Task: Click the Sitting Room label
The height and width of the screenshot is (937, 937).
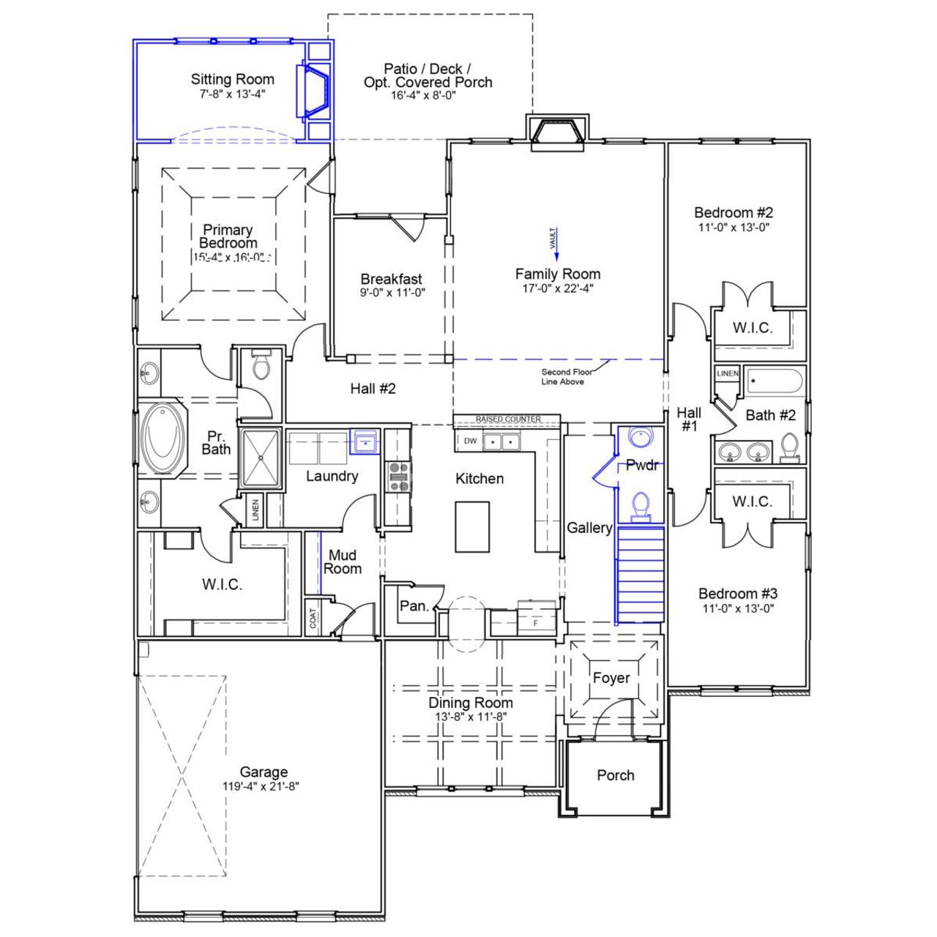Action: click(232, 79)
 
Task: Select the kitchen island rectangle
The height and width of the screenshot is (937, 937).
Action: click(472, 526)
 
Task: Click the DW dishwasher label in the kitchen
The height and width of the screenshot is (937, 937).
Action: click(470, 441)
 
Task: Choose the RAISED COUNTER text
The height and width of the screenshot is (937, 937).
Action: click(507, 419)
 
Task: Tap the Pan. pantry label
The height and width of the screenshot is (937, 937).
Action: click(414, 606)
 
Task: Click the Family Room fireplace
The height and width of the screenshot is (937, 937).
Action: click(558, 133)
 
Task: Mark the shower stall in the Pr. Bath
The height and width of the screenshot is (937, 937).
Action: click(260, 458)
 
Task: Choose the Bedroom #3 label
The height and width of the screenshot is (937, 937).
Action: click(737, 594)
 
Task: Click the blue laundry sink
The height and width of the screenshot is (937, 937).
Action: click(365, 442)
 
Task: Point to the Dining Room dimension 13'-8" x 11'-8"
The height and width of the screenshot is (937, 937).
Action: click(471, 717)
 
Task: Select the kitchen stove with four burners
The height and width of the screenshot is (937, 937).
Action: click(399, 477)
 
